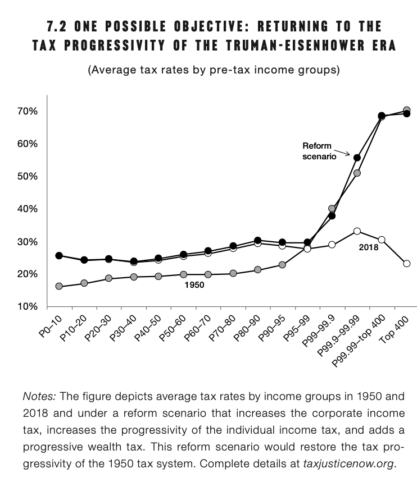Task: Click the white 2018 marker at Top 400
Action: coord(406,263)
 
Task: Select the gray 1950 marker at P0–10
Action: coord(59,286)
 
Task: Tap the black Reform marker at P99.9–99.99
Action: coord(357,158)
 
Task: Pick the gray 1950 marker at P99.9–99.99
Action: coord(357,173)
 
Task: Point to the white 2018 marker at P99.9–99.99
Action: coord(357,231)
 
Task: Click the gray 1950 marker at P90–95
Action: coord(282,265)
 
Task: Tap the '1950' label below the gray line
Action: coord(194,285)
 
